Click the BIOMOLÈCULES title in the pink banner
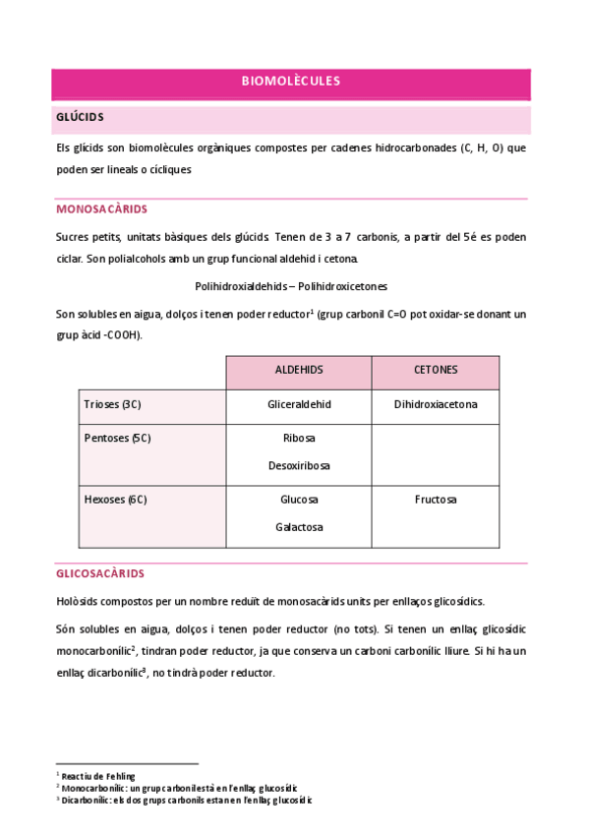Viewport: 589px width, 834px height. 291,82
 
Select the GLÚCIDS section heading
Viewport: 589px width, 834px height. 81,118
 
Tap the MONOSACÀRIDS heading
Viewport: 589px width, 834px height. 102,209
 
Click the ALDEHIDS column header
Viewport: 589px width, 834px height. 299,371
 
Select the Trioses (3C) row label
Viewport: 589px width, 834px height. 112,404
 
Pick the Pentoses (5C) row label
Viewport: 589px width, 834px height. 116,438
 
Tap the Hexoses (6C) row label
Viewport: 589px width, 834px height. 115,500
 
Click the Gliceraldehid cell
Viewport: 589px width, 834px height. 299,404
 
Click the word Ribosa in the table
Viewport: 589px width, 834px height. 299,438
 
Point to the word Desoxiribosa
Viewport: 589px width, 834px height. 299,465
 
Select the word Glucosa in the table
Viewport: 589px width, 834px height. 299,500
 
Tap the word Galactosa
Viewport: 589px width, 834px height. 299,527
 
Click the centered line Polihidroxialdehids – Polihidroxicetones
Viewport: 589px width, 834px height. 291,286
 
